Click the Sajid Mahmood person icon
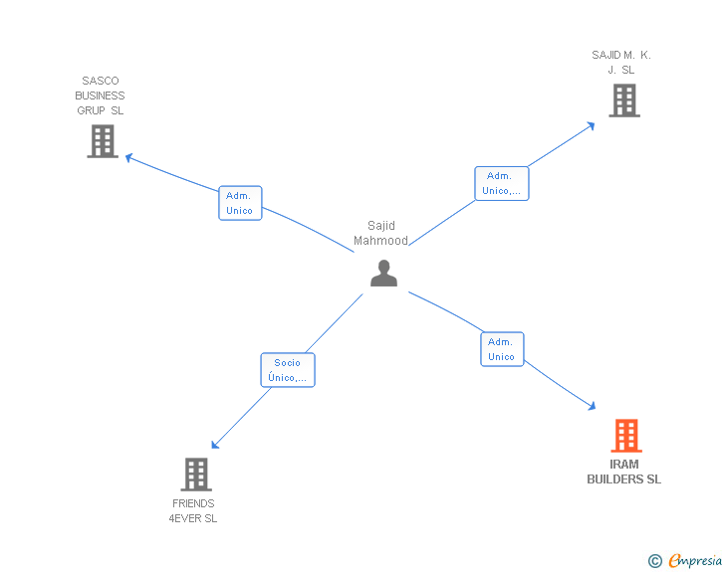[x=383, y=273]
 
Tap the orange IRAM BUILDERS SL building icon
[x=625, y=436]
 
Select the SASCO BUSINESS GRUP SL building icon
[x=102, y=141]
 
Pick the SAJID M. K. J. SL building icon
[x=623, y=100]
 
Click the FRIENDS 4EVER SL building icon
[x=196, y=475]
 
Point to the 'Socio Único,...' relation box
[x=288, y=370]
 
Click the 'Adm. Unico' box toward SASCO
[x=240, y=203]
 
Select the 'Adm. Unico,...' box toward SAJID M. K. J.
[x=501, y=183]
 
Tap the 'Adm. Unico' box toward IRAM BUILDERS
[x=502, y=349]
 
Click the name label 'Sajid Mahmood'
[x=381, y=233]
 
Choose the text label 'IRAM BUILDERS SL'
[x=623, y=472]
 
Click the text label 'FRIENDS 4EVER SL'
[x=193, y=511]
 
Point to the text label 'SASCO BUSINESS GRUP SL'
[x=100, y=95]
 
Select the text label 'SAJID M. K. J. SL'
[x=621, y=62]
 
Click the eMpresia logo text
[x=695, y=561]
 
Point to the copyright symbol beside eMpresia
[x=655, y=562]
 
